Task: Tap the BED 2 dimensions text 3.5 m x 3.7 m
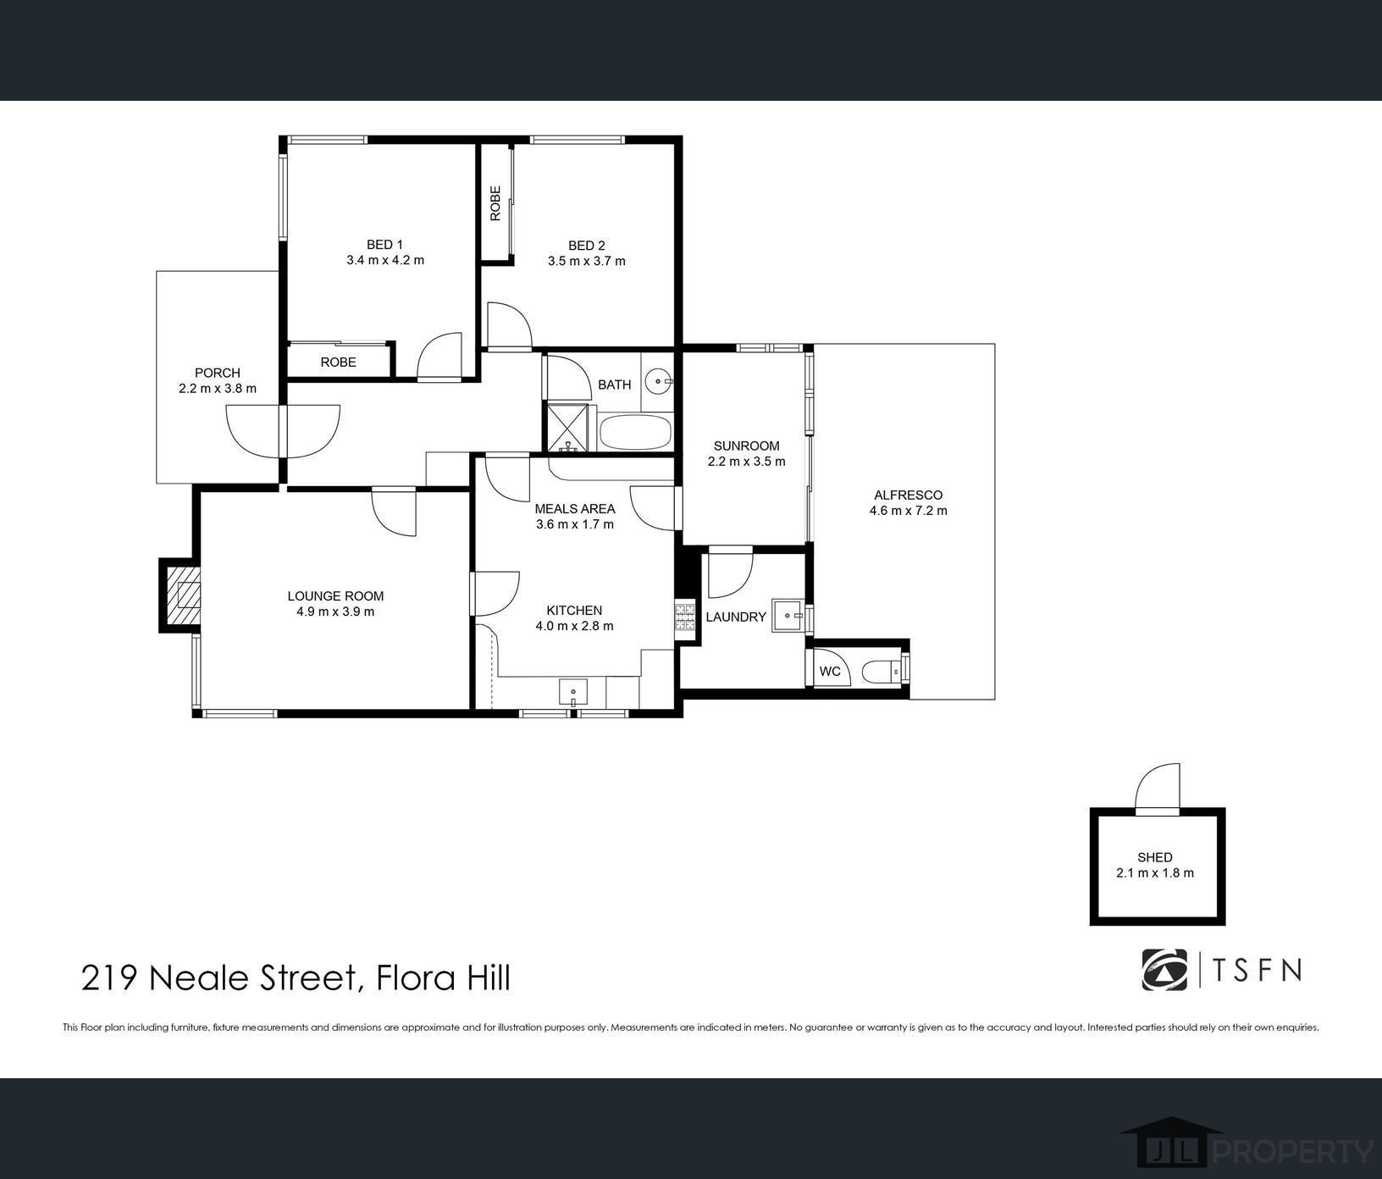pos(586,261)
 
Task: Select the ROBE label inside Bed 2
pos(495,203)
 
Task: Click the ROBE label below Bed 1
pos(338,362)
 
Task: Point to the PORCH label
pos(218,373)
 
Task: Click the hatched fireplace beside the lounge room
pos(184,595)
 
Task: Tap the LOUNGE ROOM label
pos(335,596)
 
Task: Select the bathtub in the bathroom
pos(635,433)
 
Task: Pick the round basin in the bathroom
pos(657,383)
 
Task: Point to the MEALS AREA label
pos(575,509)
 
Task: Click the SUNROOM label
pos(746,446)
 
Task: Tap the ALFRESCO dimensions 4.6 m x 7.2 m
pos(908,511)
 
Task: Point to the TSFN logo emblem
pos(1165,970)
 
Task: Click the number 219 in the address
pos(110,978)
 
